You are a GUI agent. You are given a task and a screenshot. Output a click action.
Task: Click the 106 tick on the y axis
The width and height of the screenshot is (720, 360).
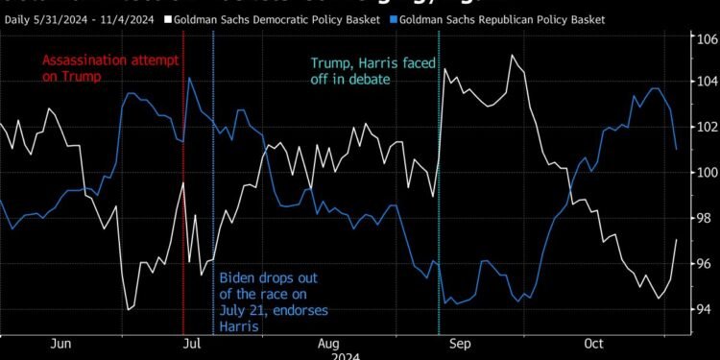[x=707, y=39]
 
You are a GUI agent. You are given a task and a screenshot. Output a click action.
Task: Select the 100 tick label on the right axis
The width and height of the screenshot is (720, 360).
[x=707, y=173]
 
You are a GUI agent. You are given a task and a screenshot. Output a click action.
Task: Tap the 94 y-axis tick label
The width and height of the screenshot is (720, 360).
[x=707, y=308]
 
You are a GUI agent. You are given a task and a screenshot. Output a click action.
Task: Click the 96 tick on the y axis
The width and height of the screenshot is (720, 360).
[x=707, y=264]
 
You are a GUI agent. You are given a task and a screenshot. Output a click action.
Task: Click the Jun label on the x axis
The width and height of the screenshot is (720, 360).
[x=60, y=343]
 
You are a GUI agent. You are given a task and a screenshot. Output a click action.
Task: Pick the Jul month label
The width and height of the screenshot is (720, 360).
[x=191, y=343]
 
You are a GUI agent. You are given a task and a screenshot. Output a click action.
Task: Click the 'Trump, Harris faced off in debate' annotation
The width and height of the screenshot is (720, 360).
[x=370, y=71]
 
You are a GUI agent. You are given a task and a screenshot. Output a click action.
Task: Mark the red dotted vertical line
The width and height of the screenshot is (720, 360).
[x=183, y=240]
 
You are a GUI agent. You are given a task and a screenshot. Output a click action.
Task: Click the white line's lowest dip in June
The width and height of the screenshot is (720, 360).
[x=129, y=309]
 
